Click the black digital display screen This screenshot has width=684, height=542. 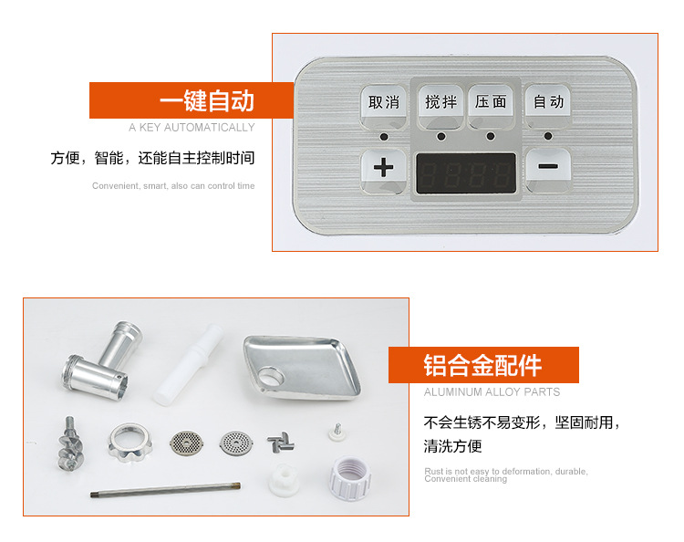point(466,173)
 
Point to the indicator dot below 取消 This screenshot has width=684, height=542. point(384,137)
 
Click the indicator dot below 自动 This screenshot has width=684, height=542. point(548,136)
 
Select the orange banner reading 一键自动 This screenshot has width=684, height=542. point(192,100)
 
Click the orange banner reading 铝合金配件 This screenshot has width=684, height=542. point(483,365)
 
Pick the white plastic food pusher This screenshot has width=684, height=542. point(188,365)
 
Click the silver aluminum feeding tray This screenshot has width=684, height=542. point(302,368)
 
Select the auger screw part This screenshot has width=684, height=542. point(70,443)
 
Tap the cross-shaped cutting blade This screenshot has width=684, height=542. point(281,443)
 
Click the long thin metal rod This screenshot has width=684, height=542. point(165,490)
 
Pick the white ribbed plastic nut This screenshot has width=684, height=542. point(350,478)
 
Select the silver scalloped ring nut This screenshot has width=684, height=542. point(130,443)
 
